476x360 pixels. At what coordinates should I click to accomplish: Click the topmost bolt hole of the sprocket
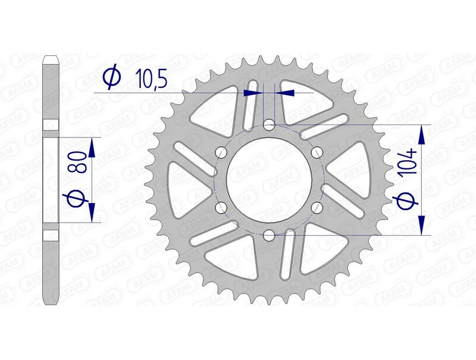(269, 125)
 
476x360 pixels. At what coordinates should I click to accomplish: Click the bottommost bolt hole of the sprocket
(269, 234)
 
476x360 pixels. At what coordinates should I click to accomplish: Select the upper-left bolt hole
(222, 152)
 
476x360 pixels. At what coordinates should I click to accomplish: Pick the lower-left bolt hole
(222, 207)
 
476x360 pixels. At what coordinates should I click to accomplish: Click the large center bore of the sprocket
(269, 180)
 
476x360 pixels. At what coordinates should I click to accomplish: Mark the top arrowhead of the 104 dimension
(423, 134)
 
